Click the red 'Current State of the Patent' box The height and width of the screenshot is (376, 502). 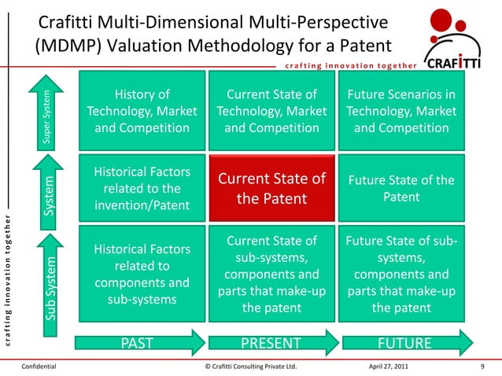271,189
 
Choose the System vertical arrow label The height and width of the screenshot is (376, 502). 48,196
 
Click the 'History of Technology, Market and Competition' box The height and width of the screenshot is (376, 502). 142,112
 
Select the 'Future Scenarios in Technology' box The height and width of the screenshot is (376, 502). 401,112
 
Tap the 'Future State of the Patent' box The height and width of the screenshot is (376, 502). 401,189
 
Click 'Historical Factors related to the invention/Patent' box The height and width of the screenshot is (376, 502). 142,189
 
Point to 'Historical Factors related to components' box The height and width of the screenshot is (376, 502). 142,275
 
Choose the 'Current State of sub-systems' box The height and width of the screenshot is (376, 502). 271,275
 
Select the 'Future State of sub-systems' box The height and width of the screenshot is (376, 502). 401,275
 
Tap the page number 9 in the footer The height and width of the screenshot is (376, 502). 481,366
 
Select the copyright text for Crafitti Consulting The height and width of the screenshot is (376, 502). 250,366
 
